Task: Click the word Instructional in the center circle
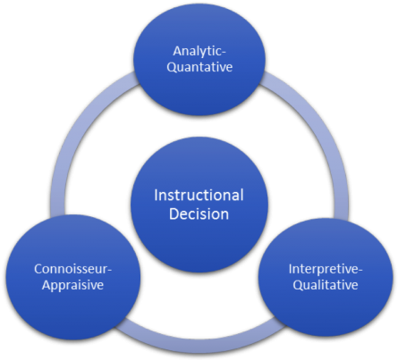click(199, 196)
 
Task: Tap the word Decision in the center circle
click(199, 214)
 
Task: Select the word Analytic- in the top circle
click(199, 51)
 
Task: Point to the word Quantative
click(199, 67)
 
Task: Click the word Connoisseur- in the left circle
click(72, 269)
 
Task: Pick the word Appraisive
click(72, 285)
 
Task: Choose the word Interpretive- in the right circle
click(326, 269)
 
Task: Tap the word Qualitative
click(326, 285)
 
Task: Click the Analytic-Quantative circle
click(199, 60)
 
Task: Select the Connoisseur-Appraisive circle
click(73, 277)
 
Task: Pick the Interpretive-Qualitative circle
click(326, 277)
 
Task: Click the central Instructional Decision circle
click(199, 205)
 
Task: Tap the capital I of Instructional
click(156, 196)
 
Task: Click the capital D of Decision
click(174, 214)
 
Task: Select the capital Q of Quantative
click(172, 67)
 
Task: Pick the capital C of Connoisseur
click(38, 269)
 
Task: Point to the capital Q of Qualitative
click(298, 285)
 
